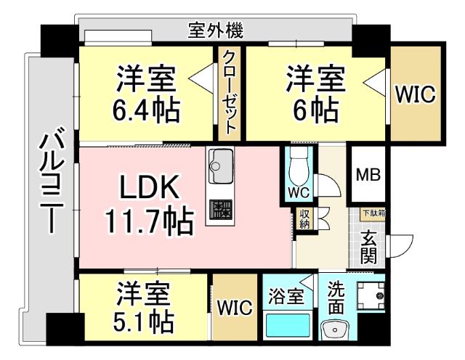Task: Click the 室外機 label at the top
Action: point(215,30)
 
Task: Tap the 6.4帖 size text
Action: point(146,109)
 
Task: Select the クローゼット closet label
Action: point(229,91)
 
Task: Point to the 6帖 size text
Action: point(314,109)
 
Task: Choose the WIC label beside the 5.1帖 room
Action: point(234,307)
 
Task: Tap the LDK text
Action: point(149,190)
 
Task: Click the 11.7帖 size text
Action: point(149,221)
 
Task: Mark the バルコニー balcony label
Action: point(49,181)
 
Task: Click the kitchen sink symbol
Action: point(221,167)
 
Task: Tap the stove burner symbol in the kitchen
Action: point(221,209)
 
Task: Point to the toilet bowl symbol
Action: point(298,169)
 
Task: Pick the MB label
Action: point(368,175)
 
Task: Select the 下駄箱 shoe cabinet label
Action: point(376,213)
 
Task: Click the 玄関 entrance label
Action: point(370,247)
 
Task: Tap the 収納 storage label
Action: point(304,218)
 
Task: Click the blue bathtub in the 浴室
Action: point(288,324)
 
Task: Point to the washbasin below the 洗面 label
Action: point(336,332)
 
